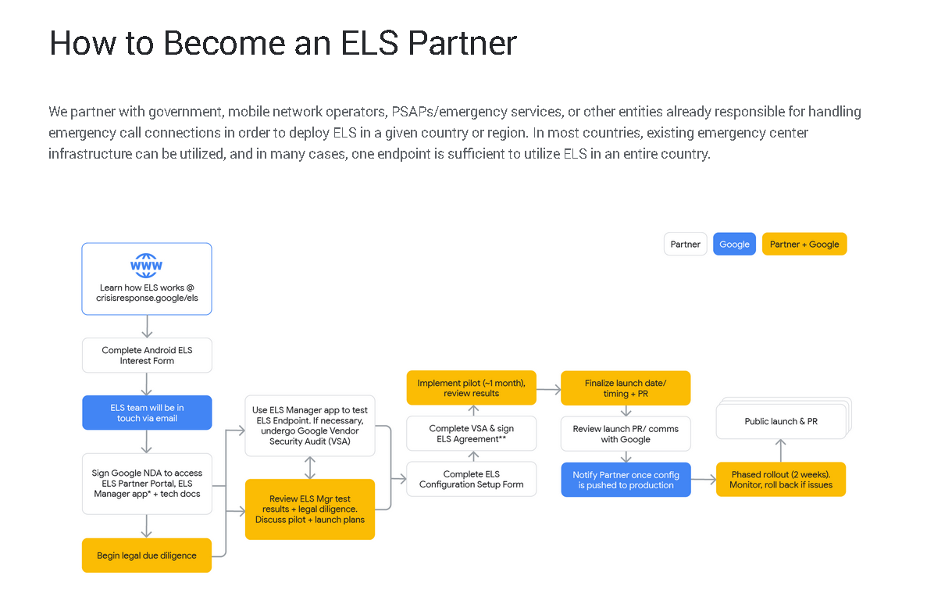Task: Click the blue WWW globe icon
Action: tap(146, 266)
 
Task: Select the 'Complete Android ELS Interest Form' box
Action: tap(147, 355)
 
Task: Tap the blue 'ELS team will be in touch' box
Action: tap(147, 413)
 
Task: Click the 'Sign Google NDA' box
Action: tap(147, 484)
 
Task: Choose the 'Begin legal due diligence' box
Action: tap(147, 555)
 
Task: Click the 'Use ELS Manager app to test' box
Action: tap(310, 426)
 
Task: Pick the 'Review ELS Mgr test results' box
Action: tap(310, 509)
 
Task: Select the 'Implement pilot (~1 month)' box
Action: tap(471, 388)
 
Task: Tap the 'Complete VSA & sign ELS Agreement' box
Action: tap(471, 434)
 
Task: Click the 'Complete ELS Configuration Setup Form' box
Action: tap(471, 479)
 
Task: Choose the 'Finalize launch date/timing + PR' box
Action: tap(626, 388)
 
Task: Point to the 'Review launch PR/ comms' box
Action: tap(626, 434)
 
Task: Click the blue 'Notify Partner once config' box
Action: tap(626, 480)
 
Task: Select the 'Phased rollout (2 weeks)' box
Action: tap(780, 480)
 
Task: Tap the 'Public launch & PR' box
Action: tap(780, 422)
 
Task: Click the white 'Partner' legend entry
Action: tap(685, 245)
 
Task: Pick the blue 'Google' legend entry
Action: tap(734, 245)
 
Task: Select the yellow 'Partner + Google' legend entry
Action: tap(804, 245)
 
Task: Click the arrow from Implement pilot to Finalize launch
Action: tap(548, 388)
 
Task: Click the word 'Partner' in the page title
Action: tap(463, 44)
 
